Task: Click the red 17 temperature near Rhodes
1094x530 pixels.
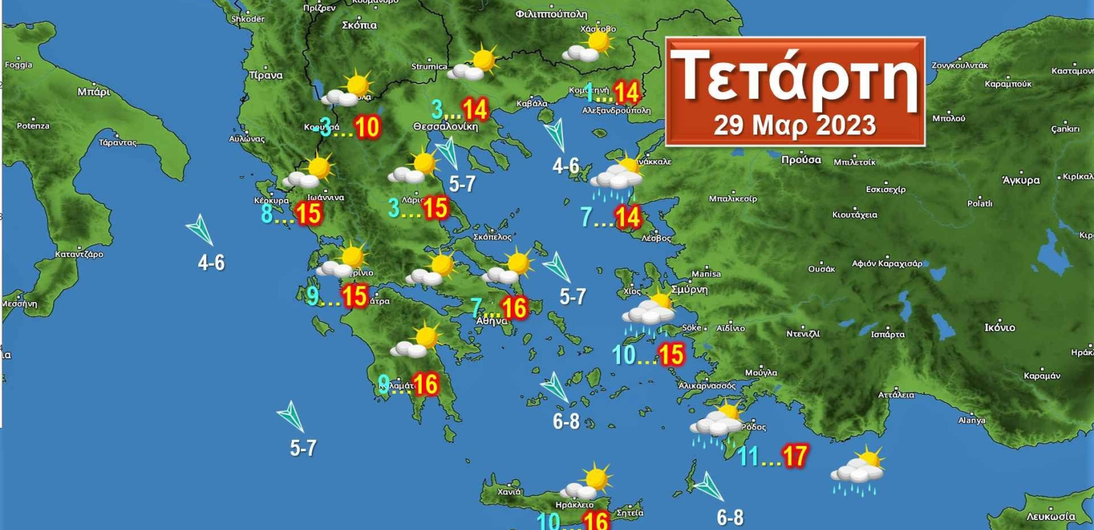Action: [794, 456]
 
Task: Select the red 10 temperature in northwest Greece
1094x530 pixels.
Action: [367, 127]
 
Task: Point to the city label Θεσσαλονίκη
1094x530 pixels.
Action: [445, 127]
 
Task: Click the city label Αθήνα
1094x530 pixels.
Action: [491, 321]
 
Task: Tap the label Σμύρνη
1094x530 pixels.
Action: [689, 290]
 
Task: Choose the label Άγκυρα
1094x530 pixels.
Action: [1020, 180]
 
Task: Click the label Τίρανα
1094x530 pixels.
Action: [265, 76]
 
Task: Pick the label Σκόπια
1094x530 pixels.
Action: [359, 25]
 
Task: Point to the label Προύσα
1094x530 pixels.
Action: [800, 160]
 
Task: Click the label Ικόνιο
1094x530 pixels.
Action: [999, 327]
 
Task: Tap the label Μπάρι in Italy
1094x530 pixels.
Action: [93, 91]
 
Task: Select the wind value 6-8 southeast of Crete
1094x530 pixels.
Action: [729, 517]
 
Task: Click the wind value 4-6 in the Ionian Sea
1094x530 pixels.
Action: [211, 263]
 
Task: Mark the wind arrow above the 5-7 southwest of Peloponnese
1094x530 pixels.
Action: [291, 416]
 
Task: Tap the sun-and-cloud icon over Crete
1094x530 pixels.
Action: [586, 482]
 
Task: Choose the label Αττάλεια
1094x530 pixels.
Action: [896, 395]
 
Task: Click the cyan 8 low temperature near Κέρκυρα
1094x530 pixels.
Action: [267, 213]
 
